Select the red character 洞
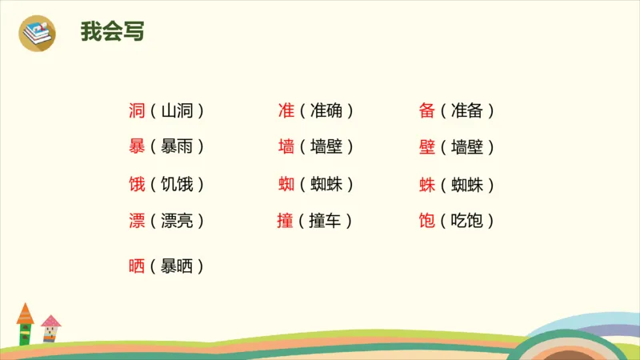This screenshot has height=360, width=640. [x=137, y=111]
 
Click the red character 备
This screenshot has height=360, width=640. [x=426, y=111]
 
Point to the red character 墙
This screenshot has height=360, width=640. [x=286, y=147]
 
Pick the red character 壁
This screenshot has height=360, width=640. [x=426, y=147]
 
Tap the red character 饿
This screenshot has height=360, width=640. [x=137, y=185]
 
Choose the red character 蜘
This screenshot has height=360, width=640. [x=286, y=185]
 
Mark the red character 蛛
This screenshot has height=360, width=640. [x=426, y=185]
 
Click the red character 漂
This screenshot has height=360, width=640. [x=137, y=221]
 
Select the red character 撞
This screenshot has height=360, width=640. [x=286, y=221]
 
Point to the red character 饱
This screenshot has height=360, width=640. [x=426, y=221]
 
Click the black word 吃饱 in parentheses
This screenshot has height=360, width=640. [x=467, y=221]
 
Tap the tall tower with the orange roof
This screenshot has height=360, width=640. [x=26, y=323]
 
